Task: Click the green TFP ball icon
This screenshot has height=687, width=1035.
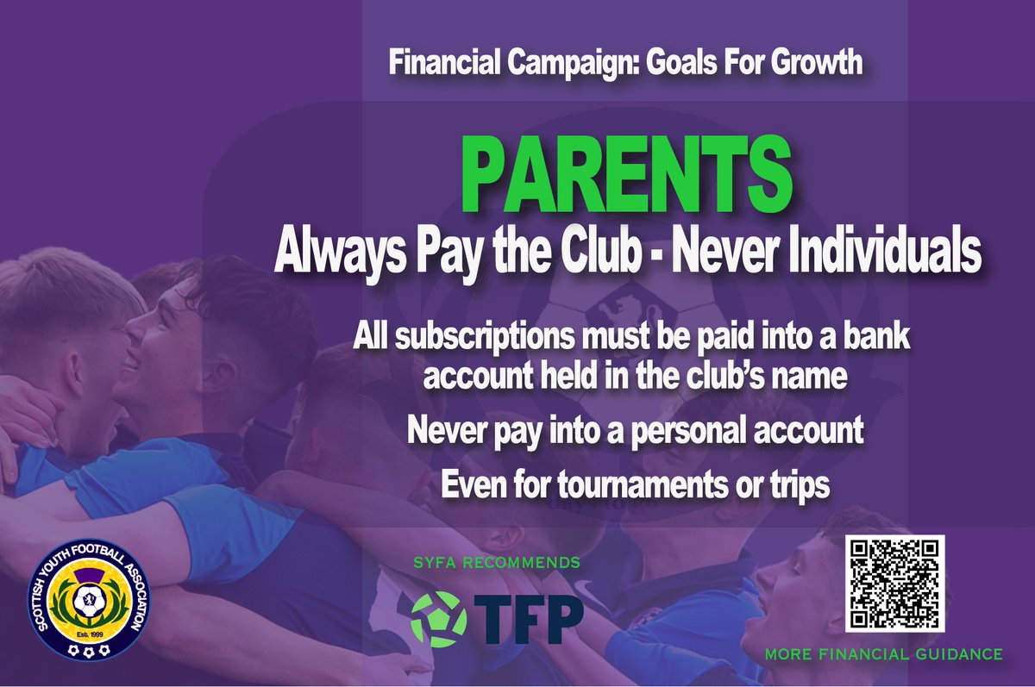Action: coord(438,615)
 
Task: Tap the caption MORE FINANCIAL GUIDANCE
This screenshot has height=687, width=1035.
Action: coord(884,654)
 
